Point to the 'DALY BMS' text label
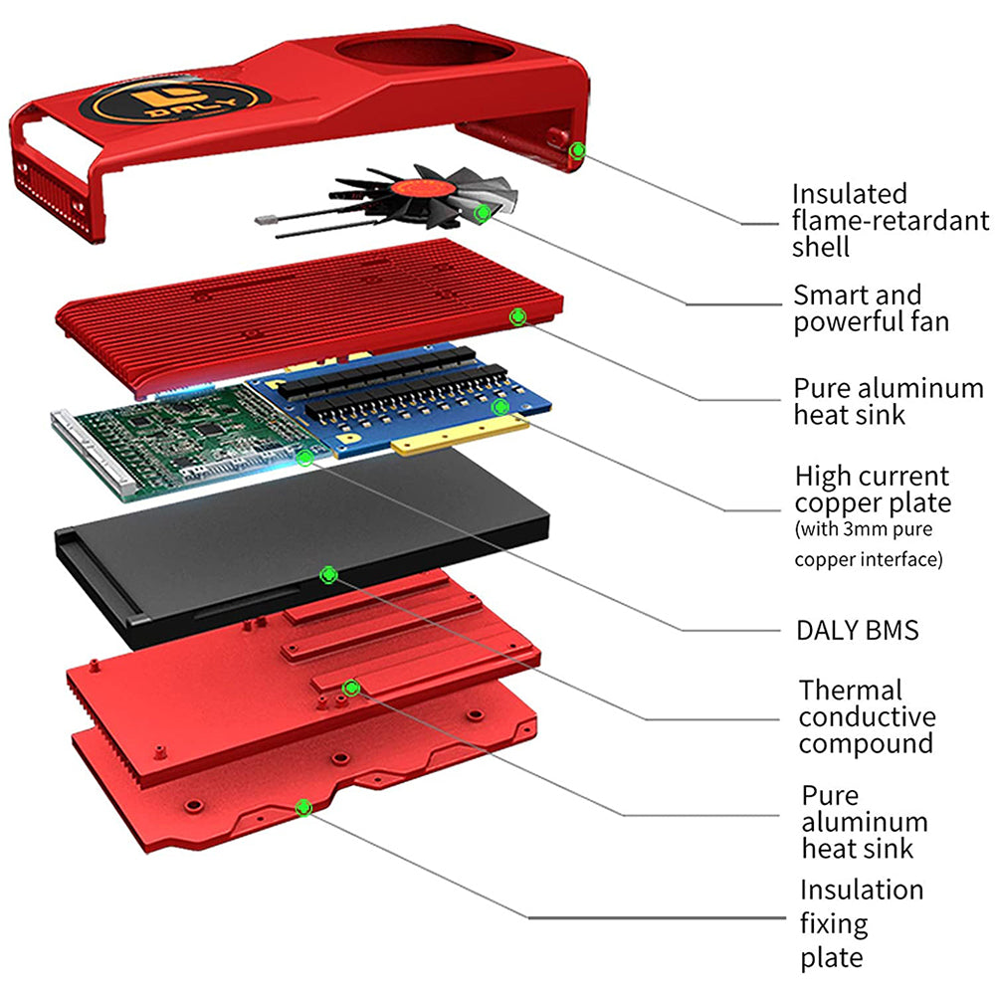coord(857,630)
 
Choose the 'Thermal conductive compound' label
coord(867,716)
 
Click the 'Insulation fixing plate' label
coord(862,922)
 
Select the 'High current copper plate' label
coord(873,490)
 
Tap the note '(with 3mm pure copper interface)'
coord(868,544)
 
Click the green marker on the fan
coord(483,212)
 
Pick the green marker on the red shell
coord(576,150)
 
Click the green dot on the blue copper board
coord(500,406)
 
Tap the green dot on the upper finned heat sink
coord(517,316)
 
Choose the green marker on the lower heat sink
coord(349,688)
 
